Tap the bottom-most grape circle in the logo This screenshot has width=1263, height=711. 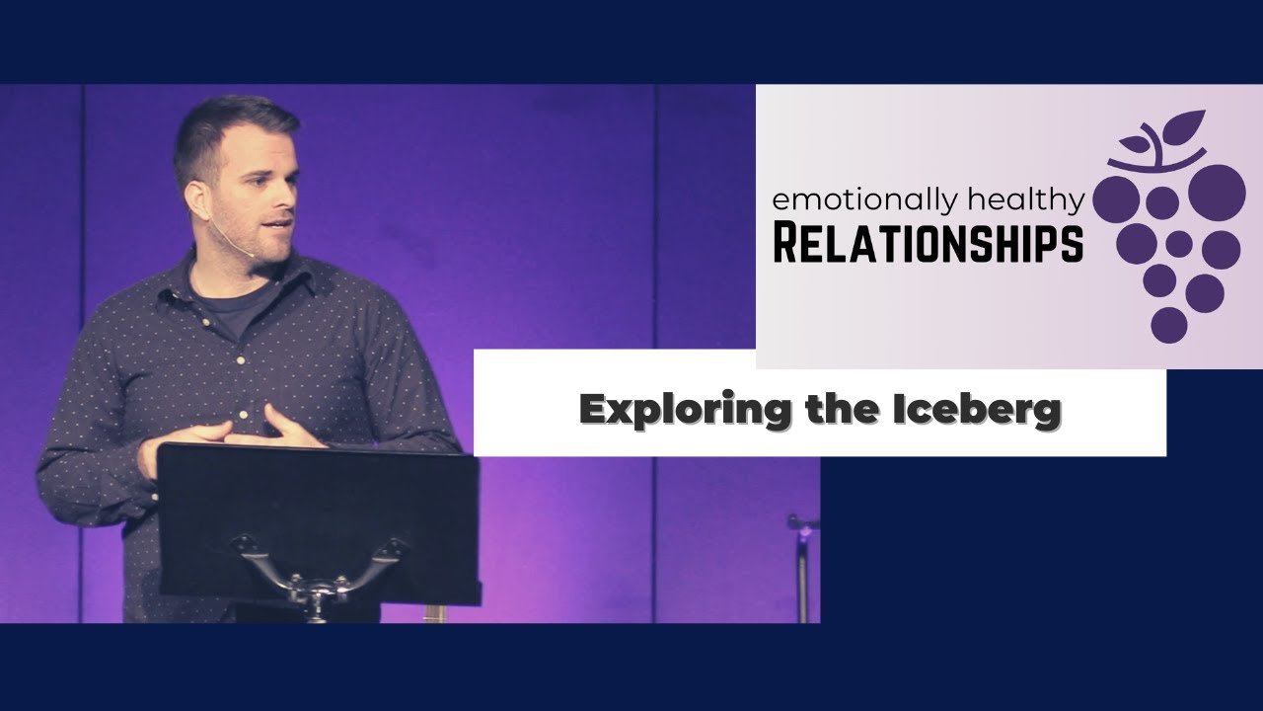(1169, 325)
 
